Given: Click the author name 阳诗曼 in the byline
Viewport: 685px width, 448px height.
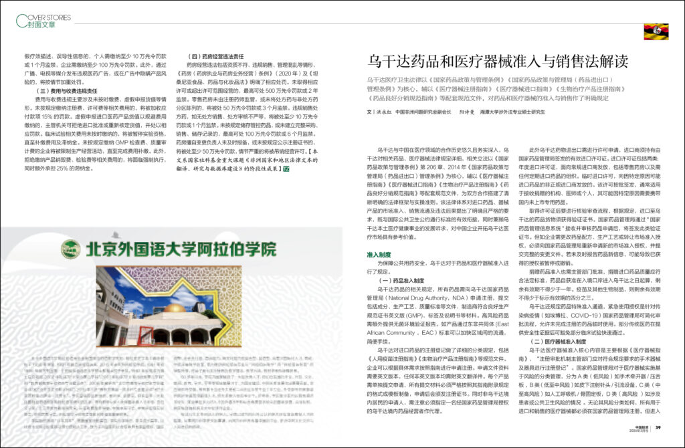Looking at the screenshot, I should [469, 111].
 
